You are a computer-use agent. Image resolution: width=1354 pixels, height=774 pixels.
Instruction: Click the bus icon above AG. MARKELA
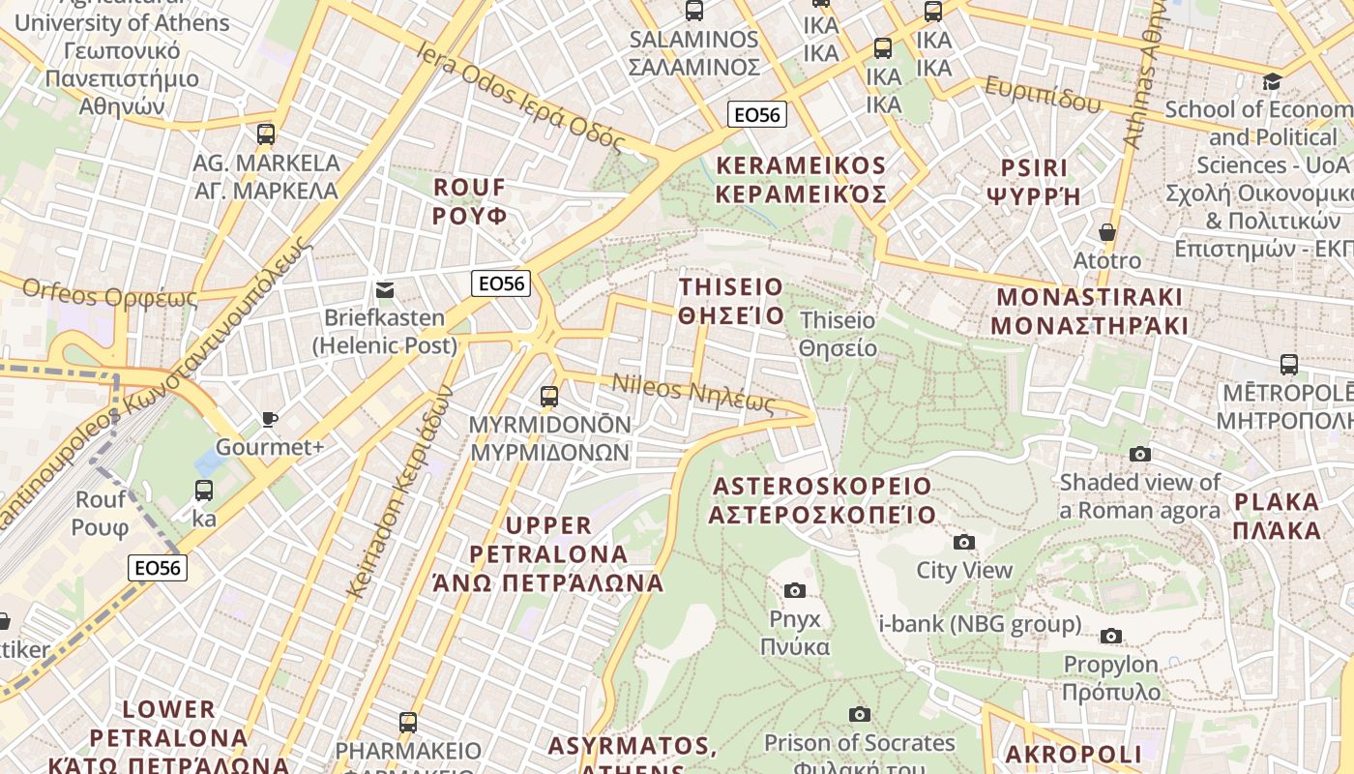(266, 134)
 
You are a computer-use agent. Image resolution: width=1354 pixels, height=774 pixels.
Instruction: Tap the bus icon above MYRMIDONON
(549, 396)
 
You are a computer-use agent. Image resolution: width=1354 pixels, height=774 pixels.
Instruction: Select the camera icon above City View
(964, 542)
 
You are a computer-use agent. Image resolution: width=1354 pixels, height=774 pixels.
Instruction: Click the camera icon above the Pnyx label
(795, 590)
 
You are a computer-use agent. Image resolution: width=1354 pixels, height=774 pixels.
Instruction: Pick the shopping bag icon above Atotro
(1107, 232)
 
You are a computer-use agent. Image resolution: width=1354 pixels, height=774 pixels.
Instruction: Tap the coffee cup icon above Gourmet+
(270, 419)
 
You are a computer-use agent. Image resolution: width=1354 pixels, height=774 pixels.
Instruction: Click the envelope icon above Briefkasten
(385, 289)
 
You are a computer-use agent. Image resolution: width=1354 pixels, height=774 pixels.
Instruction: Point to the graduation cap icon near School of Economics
(1273, 80)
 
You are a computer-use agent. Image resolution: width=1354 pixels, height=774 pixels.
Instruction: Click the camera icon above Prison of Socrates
(859, 714)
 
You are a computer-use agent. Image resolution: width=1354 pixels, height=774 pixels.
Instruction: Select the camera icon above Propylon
(1111, 636)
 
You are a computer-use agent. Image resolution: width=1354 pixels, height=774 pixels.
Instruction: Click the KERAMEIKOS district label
(801, 180)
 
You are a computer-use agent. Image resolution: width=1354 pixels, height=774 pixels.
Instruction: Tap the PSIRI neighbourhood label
(1033, 182)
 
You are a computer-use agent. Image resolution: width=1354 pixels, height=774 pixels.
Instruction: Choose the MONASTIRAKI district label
(1089, 311)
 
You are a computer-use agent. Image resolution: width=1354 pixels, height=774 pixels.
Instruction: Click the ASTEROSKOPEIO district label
(822, 500)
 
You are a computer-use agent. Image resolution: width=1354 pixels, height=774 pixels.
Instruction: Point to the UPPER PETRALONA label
(548, 553)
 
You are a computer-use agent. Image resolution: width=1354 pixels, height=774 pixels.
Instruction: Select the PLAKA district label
(1277, 516)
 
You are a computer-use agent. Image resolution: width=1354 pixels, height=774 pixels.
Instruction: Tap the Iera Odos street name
(520, 95)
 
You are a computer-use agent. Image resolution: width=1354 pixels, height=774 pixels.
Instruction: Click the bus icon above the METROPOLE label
(1288, 365)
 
